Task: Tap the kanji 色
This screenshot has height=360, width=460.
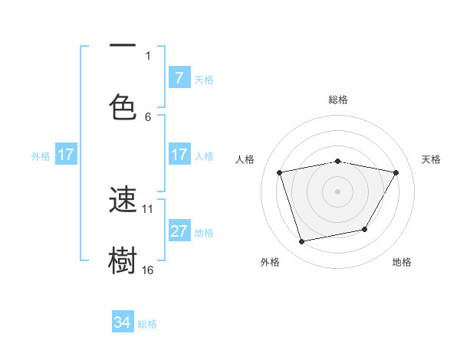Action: (x=123, y=106)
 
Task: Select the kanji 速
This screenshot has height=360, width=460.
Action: (x=123, y=200)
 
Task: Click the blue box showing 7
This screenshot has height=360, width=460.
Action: (x=179, y=78)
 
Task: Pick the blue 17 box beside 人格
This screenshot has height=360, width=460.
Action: (x=179, y=155)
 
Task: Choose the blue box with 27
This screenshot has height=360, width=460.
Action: (x=179, y=232)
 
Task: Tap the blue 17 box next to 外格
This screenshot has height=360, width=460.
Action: (x=66, y=155)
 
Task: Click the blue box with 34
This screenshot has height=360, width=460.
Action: (x=122, y=322)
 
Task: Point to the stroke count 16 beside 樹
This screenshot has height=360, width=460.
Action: (x=148, y=270)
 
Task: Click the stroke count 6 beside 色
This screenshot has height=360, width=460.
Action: (x=148, y=116)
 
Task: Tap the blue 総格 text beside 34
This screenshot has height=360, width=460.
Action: (x=147, y=324)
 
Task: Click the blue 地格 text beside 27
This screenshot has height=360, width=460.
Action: (x=204, y=233)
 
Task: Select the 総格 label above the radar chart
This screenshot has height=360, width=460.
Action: (x=338, y=100)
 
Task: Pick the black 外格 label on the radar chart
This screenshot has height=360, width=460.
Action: (x=270, y=262)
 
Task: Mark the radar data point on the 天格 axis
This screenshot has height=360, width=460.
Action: (x=396, y=172)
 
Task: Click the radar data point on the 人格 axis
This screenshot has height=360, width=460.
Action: (x=280, y=172)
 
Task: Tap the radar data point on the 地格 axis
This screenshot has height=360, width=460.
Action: (x=365, y=229)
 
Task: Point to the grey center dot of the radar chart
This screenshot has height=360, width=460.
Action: (x=337, y=191)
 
